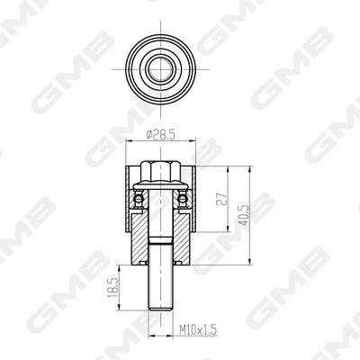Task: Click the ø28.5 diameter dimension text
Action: [x=159, y=135]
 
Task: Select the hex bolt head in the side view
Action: [x=160, y=173]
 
